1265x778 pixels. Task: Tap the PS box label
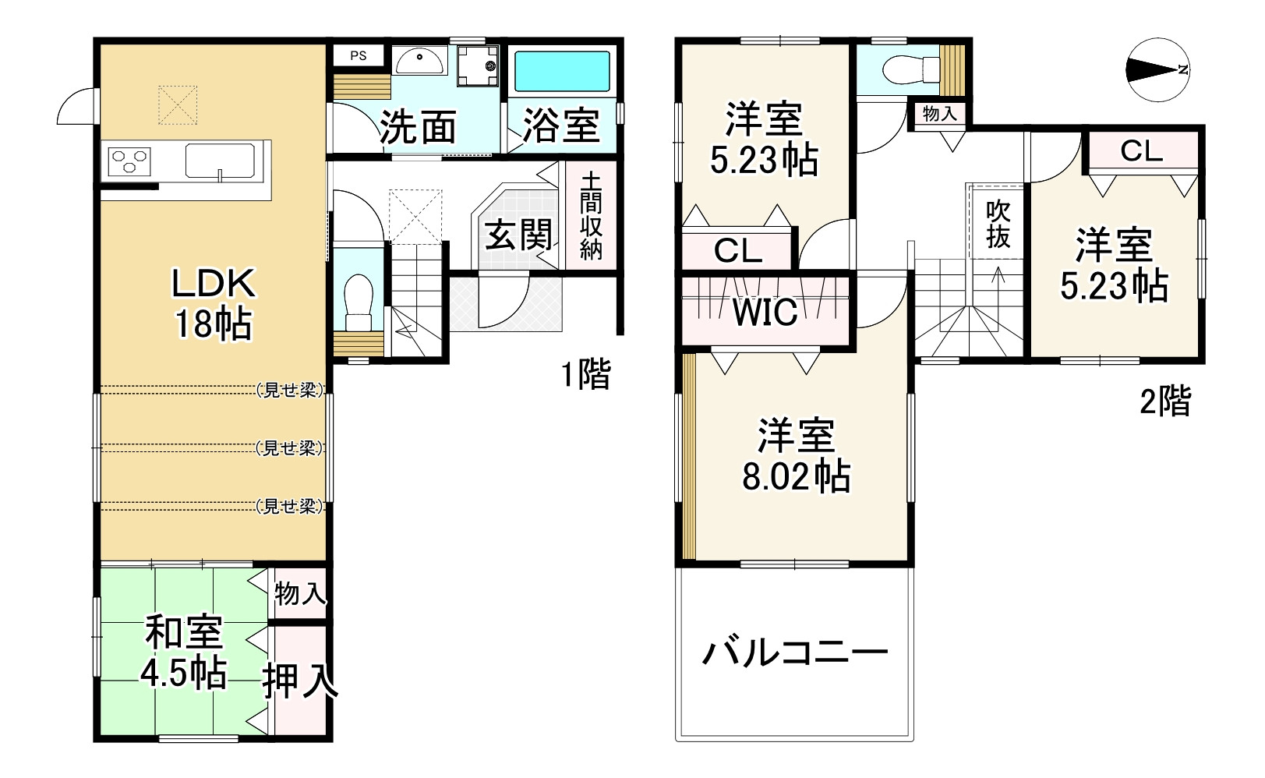click(358, 56)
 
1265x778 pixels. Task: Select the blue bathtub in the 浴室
click(561, 72)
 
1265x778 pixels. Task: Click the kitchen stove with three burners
click(129, 161)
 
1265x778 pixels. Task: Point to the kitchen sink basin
click(221, 161)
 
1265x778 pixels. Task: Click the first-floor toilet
click(359, 301)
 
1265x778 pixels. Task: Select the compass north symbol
click(1157, 70)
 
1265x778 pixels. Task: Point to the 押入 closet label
click(300, 681)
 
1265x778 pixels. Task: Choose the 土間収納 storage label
click(591, 215)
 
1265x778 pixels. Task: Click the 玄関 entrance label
click(518, 235)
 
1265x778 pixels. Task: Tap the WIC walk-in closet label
click(765, 313)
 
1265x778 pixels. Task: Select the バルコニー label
click(795, 652)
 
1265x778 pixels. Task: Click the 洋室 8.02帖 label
click(796, 455)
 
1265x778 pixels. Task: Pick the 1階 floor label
click(586, 375)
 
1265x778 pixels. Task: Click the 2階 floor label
click(1165, 401)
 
